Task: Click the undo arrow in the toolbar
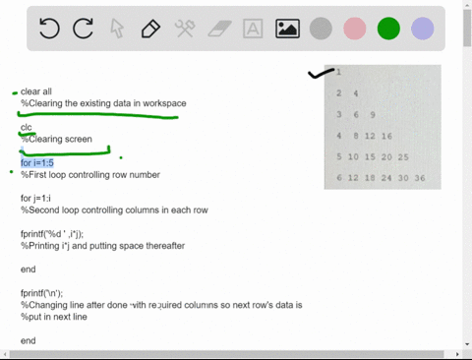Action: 49,29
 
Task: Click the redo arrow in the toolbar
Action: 84,29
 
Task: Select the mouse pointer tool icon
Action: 117,29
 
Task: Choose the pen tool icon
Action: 150,29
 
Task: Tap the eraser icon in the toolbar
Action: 218,29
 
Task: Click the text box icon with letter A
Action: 253,29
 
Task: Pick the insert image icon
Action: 287,29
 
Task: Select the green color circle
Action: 388,29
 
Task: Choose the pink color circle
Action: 354,29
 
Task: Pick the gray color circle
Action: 321,29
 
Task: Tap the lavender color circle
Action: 422,29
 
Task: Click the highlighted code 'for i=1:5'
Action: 39,163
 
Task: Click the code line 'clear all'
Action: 36,91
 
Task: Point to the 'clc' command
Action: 27,128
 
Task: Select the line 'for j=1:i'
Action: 38,199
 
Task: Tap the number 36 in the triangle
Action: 420,178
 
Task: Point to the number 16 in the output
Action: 386,136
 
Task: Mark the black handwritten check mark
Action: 320,73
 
